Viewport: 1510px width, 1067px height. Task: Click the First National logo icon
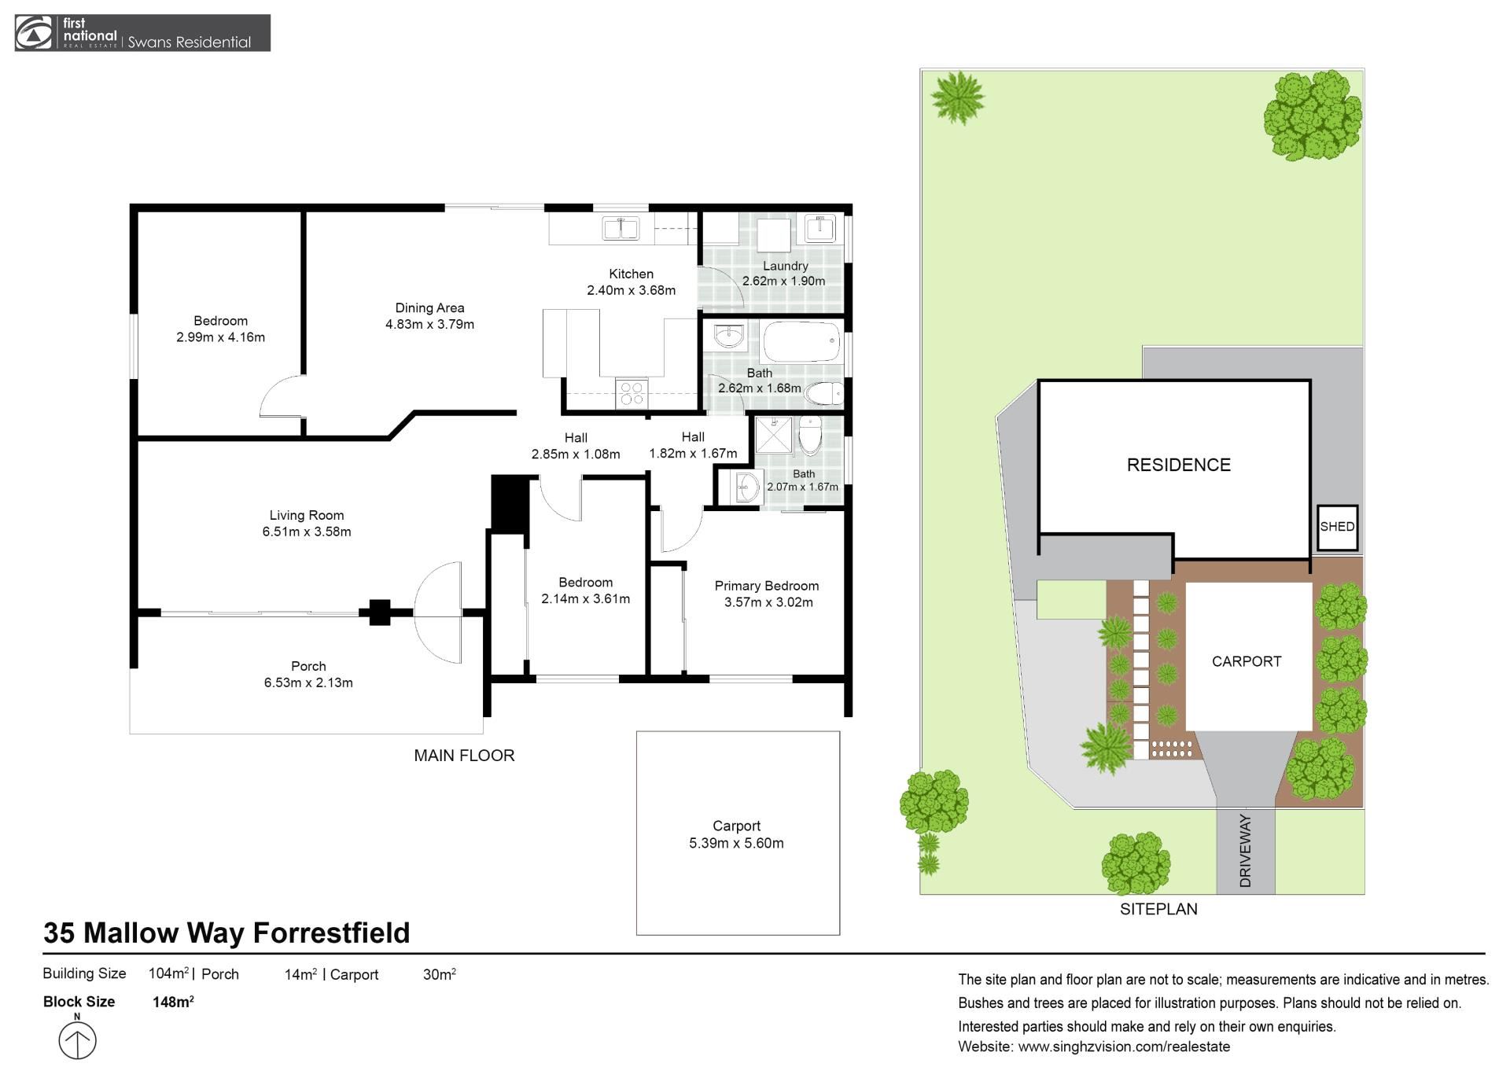33,33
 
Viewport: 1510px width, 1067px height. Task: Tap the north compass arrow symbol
77,1039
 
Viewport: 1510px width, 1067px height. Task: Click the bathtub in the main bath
801,342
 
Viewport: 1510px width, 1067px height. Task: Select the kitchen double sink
621,228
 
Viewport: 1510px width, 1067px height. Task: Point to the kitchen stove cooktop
632,393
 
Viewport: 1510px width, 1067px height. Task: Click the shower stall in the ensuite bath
774,436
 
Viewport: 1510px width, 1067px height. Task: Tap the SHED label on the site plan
1337,527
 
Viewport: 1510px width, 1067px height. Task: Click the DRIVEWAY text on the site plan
1245,851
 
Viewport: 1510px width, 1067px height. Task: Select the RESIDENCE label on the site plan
1178,465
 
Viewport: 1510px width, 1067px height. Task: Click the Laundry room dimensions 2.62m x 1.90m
783,281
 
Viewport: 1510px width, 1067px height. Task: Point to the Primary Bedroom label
766,586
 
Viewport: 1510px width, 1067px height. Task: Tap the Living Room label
307,515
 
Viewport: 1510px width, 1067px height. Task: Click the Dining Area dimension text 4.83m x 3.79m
429,324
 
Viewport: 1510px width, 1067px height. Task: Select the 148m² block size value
173,1001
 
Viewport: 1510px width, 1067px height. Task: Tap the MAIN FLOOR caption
464,756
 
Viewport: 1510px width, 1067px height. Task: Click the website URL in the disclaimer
1124,1047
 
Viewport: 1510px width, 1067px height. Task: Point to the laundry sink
820,228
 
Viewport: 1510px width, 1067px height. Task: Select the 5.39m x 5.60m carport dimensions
736,843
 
